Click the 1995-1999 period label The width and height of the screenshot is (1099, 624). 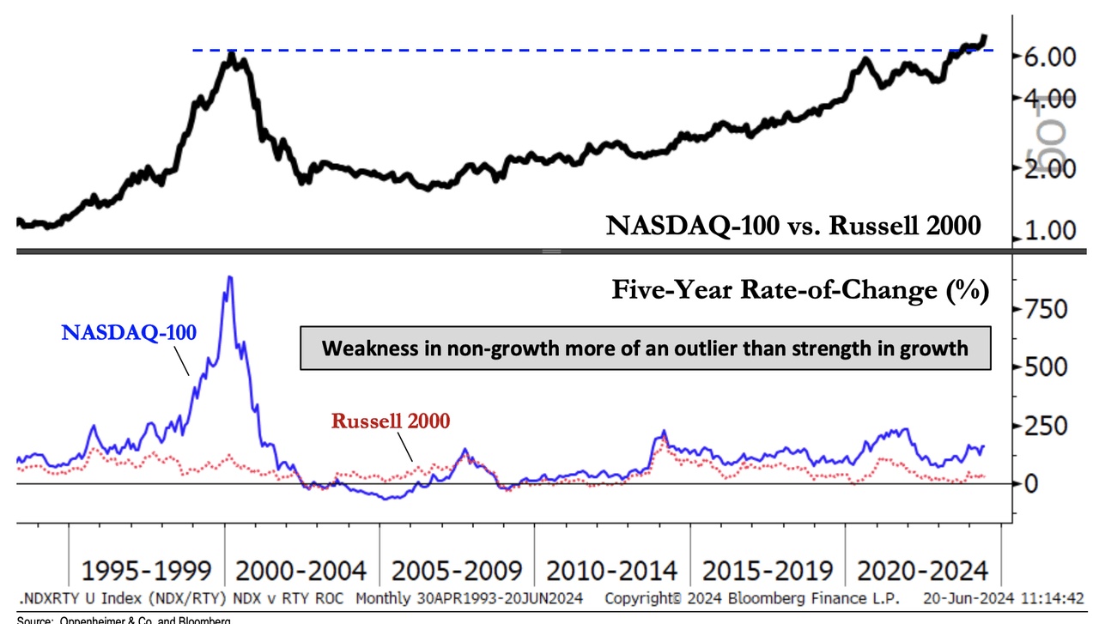click(146, 571)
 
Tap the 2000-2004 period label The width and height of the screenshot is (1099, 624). click(301, 571)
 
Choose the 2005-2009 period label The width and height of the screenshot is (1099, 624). click(456, 571)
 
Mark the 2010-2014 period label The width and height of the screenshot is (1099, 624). click(611, 571)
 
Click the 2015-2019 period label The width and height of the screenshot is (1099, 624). click(767, 571)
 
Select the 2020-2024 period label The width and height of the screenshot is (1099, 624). click(921, 571)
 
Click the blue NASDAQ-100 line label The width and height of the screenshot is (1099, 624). click(130, 332)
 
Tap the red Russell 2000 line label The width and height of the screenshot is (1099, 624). click(391, 421)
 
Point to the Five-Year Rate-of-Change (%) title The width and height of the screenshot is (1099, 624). click(800, 290)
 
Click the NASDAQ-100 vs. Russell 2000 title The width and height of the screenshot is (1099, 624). click(793, 226)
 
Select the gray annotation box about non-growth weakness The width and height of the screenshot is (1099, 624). click(645, 348)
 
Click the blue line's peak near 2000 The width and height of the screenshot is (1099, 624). click(228, 277)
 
